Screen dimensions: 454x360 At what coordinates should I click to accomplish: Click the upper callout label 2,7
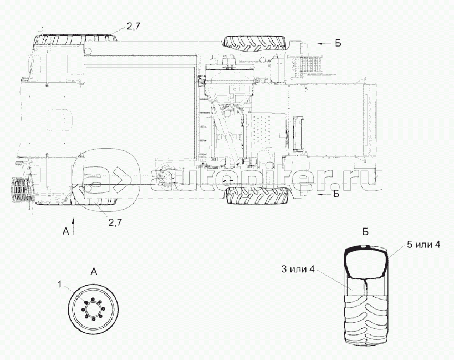pos(134,27)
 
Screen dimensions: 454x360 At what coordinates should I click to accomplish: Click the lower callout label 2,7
pos(115,222)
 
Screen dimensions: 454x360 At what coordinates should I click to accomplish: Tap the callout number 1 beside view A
pos(60,285)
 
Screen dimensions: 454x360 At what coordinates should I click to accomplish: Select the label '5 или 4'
pos(424,245)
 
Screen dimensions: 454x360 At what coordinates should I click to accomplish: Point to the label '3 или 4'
pos(298,270)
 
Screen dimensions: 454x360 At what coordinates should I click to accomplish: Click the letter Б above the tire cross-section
pos(365,232)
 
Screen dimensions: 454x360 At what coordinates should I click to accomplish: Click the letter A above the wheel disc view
pos(94,272)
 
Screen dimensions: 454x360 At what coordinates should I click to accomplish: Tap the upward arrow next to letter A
pos(74,226)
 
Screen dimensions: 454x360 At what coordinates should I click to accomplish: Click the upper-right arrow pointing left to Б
pos(324,43)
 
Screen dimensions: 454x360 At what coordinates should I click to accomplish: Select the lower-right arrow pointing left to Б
pos(324,194)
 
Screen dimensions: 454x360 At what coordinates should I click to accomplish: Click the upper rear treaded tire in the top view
pos(255,43)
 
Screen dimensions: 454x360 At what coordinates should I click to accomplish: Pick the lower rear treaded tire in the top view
pos(257,195)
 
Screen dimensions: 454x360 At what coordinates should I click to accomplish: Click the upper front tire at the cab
pos(76,38)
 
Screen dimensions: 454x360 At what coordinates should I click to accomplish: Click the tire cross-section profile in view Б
pos(366,262)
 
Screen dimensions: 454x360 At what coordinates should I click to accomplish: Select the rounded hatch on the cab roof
pos(59,120)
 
